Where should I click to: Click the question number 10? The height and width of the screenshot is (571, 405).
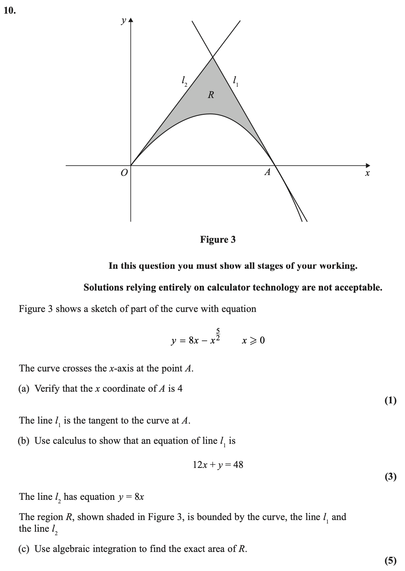pyautogui.click(x=10, y=11)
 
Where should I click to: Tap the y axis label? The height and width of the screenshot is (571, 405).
pyautogui.click(x=123, y=21)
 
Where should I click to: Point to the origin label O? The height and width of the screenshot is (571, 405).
pyautogui.click(x=124, y=173)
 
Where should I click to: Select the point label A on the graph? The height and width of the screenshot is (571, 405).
pyautogui.click(x=267, y=172)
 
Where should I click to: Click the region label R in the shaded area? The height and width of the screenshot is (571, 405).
pyautogui.click(x=211, y=95)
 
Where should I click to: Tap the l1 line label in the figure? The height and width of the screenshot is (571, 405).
pyautogui.click(x=235, y=81)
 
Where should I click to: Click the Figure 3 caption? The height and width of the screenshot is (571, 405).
pyautogui.click(x=218, y=240)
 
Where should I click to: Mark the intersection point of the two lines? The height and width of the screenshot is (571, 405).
pyautogui.click(x=213, y=57)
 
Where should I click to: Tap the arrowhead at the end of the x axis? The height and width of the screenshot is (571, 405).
pyautogui.click(x=368, y=165)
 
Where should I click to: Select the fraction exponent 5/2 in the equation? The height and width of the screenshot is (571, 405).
pyautogui.click(x=218, y=335)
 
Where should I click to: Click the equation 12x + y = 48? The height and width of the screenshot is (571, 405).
pyautogui.click(x=218, y=464)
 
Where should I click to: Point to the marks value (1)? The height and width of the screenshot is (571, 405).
pyautogui.click(x=390, y=400)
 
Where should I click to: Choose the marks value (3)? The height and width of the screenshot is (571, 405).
pyautogui.click(x=390, y=476)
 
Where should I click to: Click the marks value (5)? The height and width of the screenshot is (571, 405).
pyautogui.click(x=390, y=560)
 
